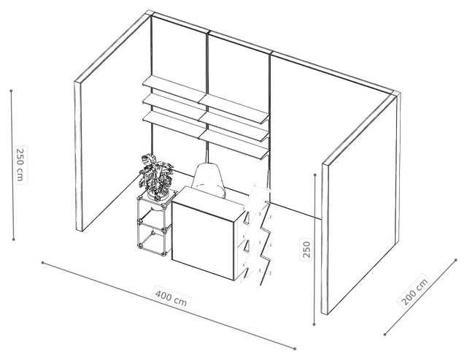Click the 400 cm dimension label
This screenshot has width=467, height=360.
click(171, 296)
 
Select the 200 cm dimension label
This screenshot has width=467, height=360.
click(414, 290)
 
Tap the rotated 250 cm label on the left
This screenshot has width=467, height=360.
click(20, 165)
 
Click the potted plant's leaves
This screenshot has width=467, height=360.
click(155, 174)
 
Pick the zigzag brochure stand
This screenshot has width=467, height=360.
click(257, 235)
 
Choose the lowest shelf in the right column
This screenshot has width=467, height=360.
click(236, 145)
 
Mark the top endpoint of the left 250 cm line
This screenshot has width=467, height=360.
click(11, 91)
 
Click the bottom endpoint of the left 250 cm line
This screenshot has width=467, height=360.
click(13, 239)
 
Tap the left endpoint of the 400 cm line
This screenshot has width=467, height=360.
click(42, 263)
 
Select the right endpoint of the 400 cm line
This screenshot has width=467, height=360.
click(295, 348)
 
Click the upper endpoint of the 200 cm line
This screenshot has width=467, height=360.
click(456, 260)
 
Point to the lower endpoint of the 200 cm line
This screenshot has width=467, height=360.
click(385, 334)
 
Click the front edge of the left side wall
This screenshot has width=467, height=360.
click(78, 156)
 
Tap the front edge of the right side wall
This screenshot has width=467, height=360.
click(325, 238)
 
